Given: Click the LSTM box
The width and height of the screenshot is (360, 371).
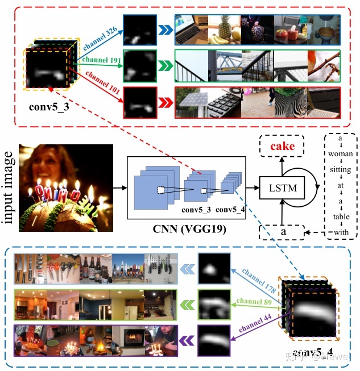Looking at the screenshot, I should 282,186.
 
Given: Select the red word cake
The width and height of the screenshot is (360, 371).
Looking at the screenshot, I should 282,147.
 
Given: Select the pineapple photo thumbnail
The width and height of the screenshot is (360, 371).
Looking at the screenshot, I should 224,30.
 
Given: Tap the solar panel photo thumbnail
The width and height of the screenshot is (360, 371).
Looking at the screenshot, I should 191,102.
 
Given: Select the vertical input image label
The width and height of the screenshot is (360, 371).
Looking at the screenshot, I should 10,187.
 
